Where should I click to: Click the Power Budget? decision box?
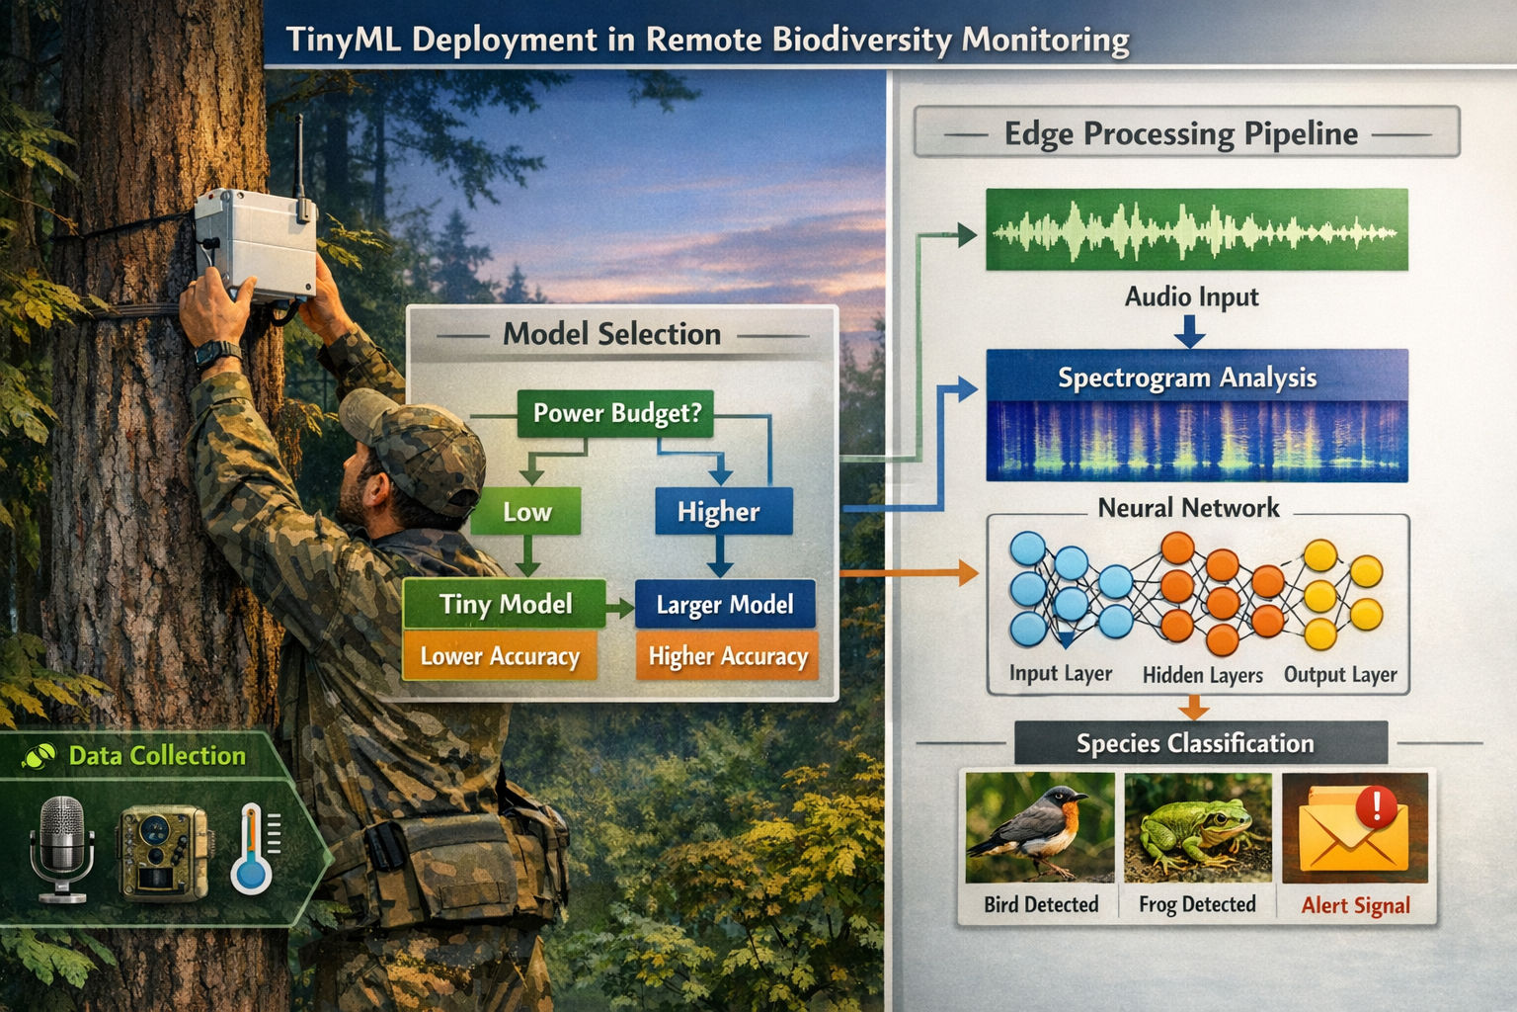pyautogui.click(x=615, y=413)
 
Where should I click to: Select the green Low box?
pyautogui.click(x=526, y=512)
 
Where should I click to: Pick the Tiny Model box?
pyautogui.click(x=505, y=604)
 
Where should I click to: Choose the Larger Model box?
pyautogui.click(x=725, y=604)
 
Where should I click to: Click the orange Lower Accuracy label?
pyautogui.click(x=500, y=656)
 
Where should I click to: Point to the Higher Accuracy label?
pyautogui.click(x=727, y=656)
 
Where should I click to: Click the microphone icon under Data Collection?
pyautogui.click(x=61, y=849)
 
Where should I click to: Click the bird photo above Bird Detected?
pyautogui.click(x=1039, y=828)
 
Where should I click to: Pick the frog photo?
pyautogui.click(x=1197, y=828)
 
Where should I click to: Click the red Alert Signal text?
pyautogui.click(x=1355, y=905)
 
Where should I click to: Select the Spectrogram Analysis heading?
pyautogui.click(x=1187, y=378)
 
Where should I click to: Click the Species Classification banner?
pyautogui.click(x=1195, y=743)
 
